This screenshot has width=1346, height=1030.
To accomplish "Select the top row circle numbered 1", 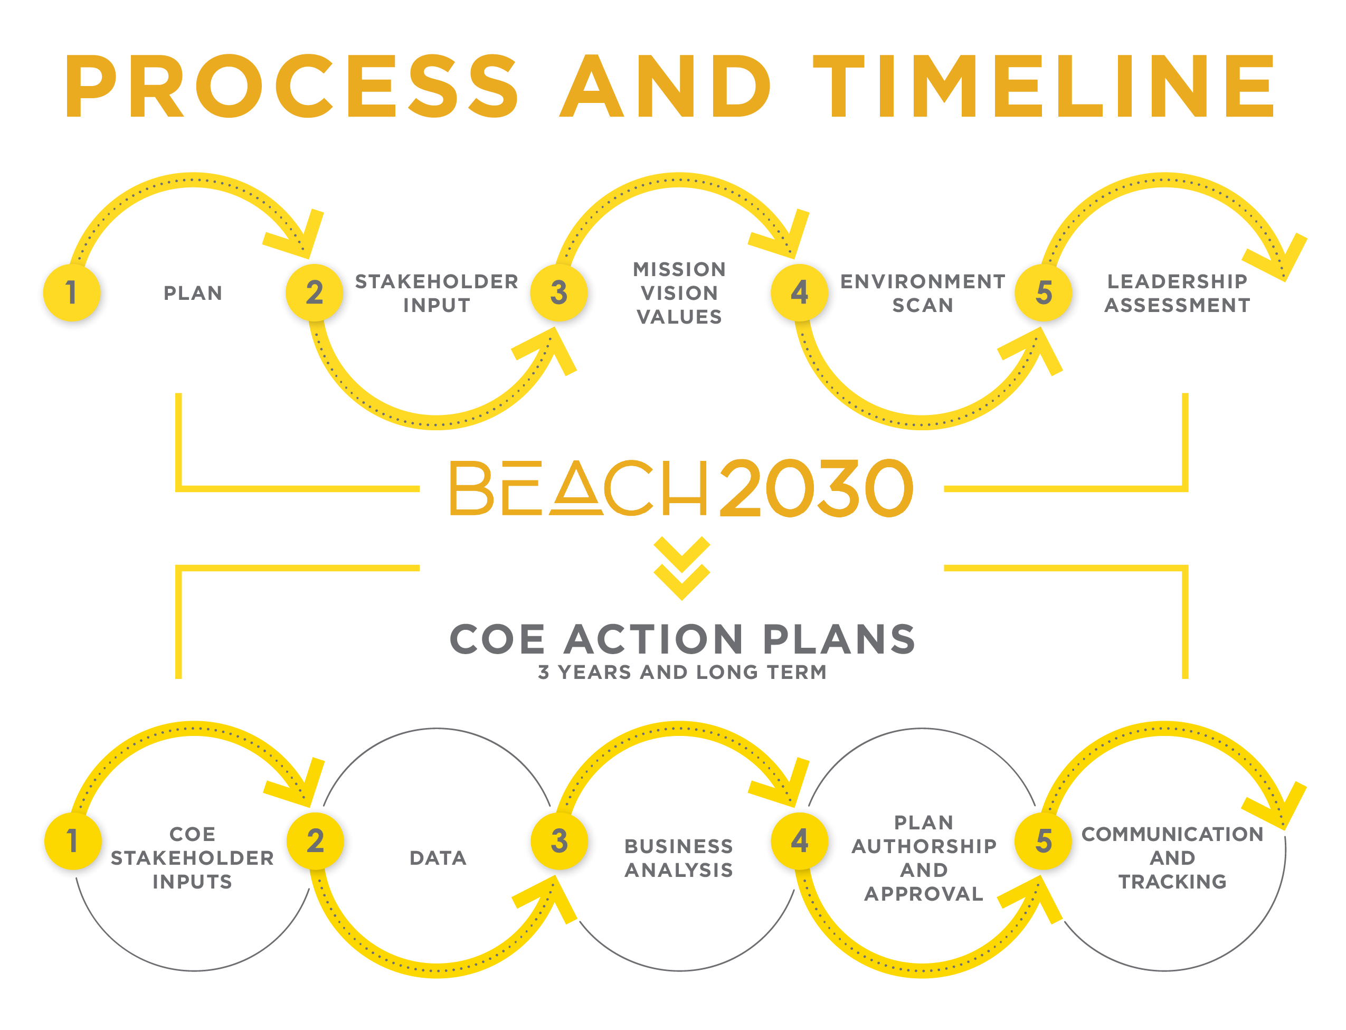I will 72,292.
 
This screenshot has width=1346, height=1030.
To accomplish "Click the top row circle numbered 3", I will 558,292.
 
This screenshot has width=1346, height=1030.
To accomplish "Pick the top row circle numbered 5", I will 1043,292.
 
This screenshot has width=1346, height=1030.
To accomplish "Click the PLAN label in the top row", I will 193,293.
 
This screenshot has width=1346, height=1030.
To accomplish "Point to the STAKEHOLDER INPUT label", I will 437,293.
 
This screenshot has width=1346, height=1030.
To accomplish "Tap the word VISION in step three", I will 679,293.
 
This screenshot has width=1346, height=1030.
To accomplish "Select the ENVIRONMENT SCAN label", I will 923,293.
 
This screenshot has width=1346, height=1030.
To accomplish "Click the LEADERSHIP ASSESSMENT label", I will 1177,293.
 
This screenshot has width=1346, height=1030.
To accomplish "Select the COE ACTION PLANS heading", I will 682,639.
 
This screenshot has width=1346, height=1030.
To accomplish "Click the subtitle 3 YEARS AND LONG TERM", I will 682,672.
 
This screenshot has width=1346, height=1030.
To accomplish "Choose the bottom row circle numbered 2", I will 315,840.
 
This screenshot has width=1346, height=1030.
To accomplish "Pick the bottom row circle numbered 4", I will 799,840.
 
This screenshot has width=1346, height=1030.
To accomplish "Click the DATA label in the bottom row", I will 438,858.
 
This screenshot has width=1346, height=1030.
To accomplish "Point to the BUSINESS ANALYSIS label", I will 678,858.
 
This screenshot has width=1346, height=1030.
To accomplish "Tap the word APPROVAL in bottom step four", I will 924,893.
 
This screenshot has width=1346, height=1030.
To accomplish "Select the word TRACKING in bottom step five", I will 1172,881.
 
